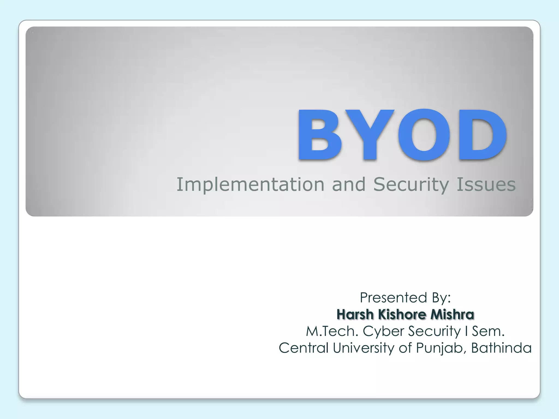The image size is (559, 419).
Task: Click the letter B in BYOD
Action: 320,134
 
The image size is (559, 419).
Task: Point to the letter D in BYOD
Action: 482,134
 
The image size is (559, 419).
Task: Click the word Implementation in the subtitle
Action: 250,185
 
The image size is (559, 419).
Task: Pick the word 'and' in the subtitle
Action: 349,185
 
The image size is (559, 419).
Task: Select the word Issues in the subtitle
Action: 486,185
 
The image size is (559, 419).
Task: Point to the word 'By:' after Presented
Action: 441,297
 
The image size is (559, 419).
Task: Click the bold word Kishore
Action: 402,314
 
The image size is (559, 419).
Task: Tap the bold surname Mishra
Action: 452,314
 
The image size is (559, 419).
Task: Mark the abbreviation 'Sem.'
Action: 488,331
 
